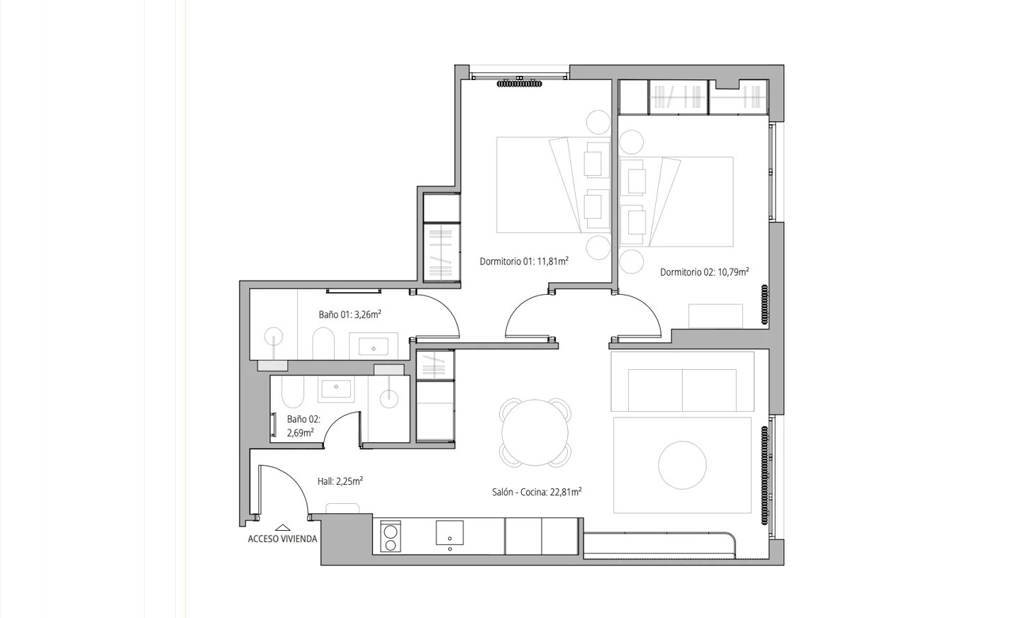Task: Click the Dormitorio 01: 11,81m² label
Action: click(x=524, y=261)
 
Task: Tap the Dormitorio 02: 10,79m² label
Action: click(x=705, y=272)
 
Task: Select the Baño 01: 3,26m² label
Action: click(x=350, y=315)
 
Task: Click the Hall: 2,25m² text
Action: click(x=340, y=481)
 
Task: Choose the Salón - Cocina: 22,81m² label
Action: click(x=537, y=493)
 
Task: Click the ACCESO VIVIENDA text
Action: click(x=283, y=539)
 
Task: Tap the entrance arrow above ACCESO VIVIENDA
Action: click(x=283, y=528)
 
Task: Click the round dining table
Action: click(x=535, y=433)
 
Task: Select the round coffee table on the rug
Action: click(x=682, y=466)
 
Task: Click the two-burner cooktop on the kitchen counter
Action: click(x=390, y=536)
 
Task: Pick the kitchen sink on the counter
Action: click(x=450, y=533)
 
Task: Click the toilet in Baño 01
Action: click(x=323, y=344)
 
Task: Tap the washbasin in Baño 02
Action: click(x=336, y=389)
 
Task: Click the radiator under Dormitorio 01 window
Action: click(x=520, y=84)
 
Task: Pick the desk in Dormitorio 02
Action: click(x=715, y=316)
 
